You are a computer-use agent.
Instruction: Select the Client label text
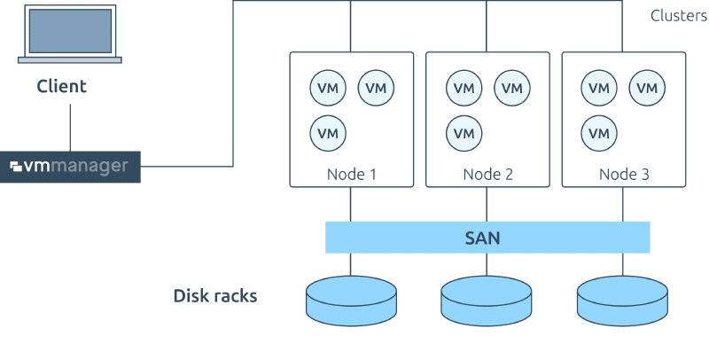[x=62, y=87]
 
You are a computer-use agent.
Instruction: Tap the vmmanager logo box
[x=70, y=167]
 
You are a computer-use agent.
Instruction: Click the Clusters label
[x=678, y=16]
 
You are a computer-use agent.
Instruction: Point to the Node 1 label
[x=351, y=175]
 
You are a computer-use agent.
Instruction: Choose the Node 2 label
[x=487, y=175]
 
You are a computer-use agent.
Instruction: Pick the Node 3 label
[x=624, y=175]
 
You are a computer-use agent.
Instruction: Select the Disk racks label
[x=214, y=295]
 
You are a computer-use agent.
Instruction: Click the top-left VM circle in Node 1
[x=328, y=88]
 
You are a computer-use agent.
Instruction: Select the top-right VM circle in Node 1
[x=376, y=88]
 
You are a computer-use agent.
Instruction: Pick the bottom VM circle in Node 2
[x=464, y=133]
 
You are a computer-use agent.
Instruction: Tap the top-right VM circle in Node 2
[x=511, y=88]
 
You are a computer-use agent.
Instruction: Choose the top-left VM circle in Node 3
[x=600, y=88]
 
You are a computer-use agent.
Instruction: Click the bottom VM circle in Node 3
[x=600, y=133]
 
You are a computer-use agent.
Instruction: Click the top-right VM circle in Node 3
[x=648, y=88]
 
